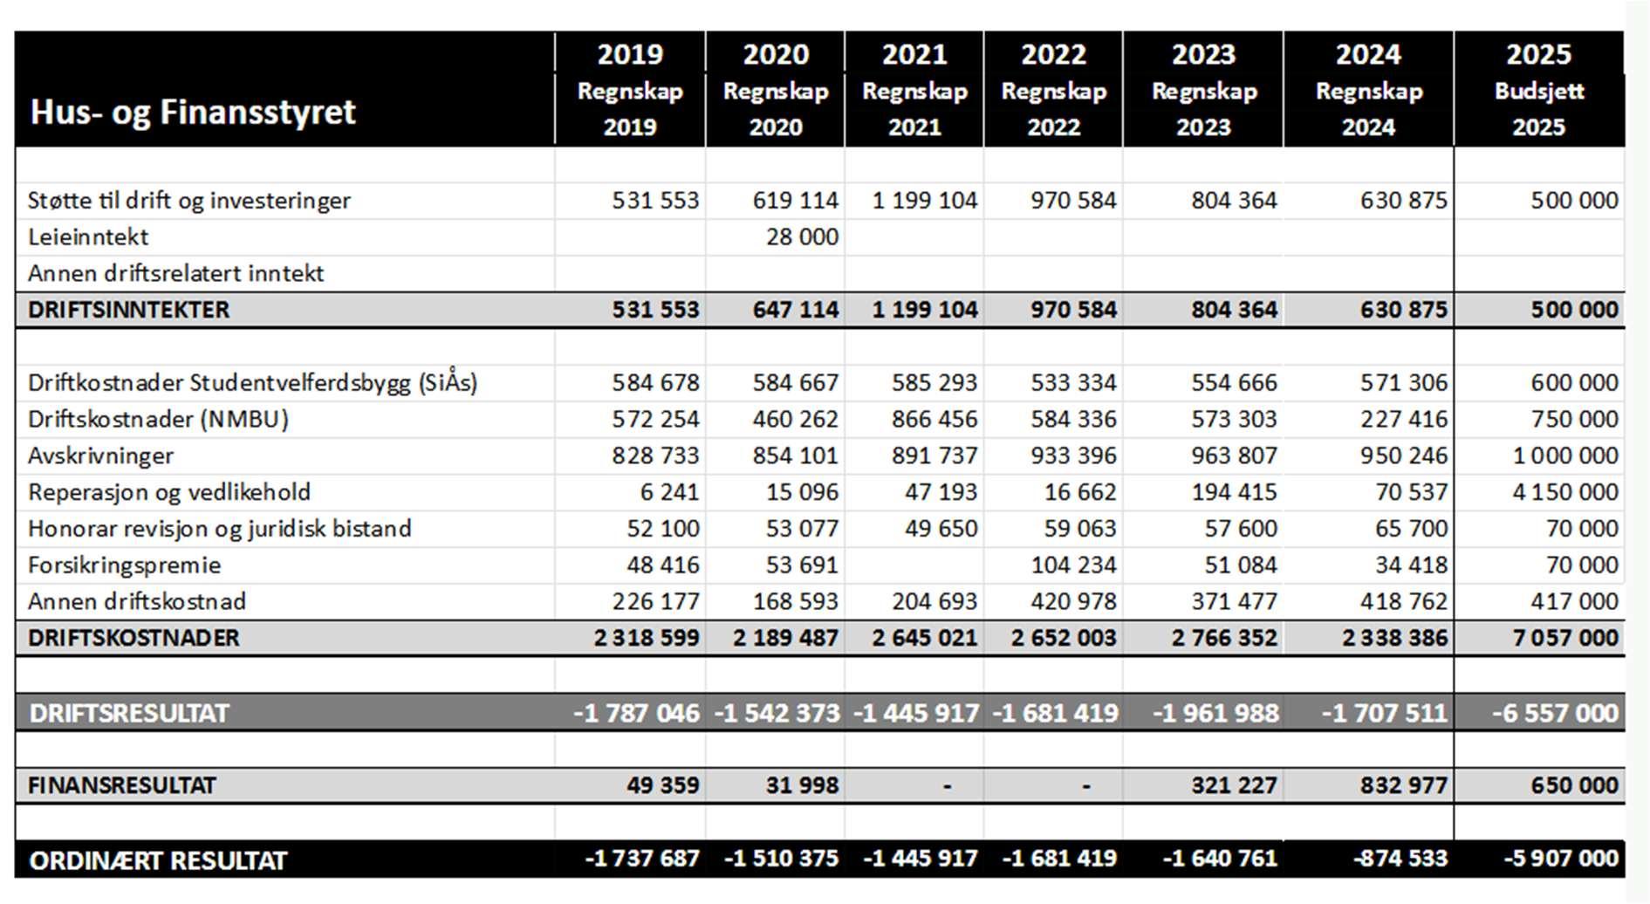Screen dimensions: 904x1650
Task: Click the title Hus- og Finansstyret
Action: [193, 112]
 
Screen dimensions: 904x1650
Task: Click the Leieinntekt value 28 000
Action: [801, 236]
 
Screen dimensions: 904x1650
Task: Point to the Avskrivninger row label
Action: [100, 455]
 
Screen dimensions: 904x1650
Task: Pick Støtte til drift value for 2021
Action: [924, 201]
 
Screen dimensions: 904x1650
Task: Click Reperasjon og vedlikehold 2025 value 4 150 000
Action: [1564, 492]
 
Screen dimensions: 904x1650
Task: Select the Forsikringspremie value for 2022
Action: [1072, 565]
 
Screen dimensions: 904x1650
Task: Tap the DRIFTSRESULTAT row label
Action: [129, 713]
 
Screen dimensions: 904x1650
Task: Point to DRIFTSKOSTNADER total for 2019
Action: [646, 638]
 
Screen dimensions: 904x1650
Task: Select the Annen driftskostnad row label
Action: [137, 601]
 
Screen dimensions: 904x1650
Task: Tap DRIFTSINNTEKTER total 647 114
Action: [795, 310]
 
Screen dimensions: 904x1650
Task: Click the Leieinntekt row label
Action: [88, 236]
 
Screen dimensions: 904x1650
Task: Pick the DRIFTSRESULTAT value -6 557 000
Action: [1554, 713]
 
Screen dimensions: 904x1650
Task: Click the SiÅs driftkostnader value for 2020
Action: [795, 382]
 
